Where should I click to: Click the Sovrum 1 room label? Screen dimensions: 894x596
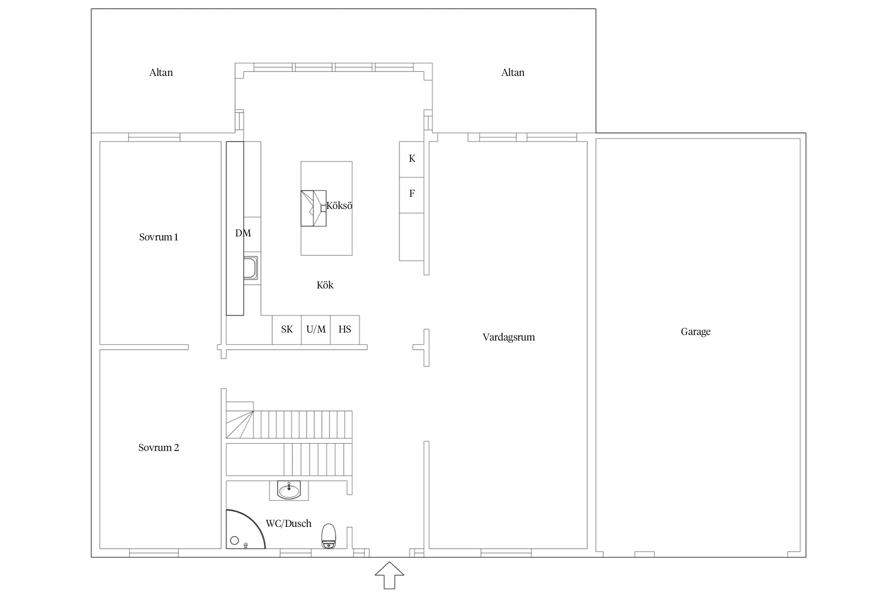(x=159, y=237)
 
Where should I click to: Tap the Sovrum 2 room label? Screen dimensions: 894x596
(x=159, y=448)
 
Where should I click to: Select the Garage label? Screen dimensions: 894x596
(x=695, y=332)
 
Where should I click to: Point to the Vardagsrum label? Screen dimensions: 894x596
(x=509, y=337)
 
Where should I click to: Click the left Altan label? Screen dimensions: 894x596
(x=161, y=73)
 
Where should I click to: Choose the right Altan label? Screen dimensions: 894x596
(x=513, y=73)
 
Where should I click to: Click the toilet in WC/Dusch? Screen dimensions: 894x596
(x=329, y=536)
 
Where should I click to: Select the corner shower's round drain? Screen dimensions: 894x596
(x=234, y=540)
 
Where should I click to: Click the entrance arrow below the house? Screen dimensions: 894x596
(x=389, y=575)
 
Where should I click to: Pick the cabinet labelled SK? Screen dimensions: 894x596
(x=286, y=330)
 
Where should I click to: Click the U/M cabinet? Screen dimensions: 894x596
(x=316, y=330)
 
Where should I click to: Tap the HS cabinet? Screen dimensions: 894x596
(x=345, y=330)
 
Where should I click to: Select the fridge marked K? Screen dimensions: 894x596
(x=412, y=159)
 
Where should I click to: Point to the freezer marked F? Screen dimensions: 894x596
(x=412, y=195)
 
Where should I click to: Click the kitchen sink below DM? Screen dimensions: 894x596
(x=250, y=268)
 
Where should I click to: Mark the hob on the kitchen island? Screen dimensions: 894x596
(x=313, y=208)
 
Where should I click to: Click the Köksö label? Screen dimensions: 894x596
(x=339, y=206)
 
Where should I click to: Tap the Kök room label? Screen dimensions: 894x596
(x=325, y=285)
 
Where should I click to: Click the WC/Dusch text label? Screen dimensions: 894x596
(x=288, y=524)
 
